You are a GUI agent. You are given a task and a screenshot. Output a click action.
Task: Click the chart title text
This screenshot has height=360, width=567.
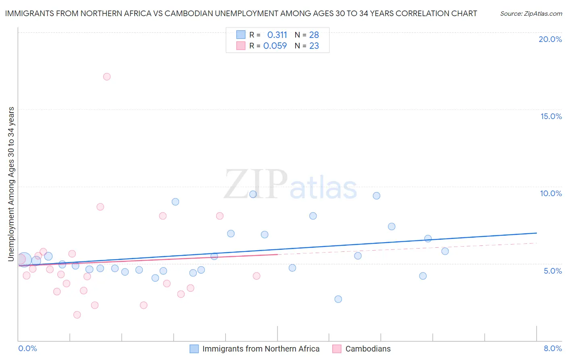[x=241, y=13]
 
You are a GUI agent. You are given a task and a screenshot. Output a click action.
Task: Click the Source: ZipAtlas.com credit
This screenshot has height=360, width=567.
[x=531, y=13]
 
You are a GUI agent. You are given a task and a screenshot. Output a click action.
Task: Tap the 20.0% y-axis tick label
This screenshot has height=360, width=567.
[x=550, y=39]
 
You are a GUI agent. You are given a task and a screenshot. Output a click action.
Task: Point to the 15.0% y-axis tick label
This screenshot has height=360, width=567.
[x=551, y=116]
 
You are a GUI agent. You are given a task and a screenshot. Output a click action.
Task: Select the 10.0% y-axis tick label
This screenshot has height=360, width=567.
[x=551, y=193]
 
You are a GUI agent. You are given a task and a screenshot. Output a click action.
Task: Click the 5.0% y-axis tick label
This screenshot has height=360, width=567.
[x=552, y=271]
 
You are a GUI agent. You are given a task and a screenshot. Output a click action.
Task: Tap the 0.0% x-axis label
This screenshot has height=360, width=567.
[x=27, y=348]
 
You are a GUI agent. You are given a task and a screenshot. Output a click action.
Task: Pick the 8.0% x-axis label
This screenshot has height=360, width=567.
[x=552, y=348]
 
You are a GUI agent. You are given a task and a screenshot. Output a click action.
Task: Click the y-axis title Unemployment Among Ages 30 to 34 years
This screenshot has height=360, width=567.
[x=11, y=184]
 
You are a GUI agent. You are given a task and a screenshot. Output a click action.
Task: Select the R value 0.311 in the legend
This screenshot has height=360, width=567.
[x=277, y=35]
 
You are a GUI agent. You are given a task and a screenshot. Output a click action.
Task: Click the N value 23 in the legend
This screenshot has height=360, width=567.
[x=314, y=46]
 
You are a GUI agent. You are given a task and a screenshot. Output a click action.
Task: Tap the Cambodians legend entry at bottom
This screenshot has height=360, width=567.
[x=368, y=349]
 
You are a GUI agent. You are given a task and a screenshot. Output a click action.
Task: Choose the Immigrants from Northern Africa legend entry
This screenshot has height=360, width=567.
[x=261, y=349]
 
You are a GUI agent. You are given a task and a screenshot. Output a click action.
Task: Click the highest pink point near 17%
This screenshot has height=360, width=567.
[x=107, y=77]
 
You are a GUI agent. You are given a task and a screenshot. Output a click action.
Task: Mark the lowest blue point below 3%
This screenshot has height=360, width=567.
[x=338, y=299]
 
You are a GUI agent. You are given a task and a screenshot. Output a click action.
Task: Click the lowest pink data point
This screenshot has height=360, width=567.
[x=77, y=315]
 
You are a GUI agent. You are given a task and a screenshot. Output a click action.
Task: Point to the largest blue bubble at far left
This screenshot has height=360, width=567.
[x=24, y=260]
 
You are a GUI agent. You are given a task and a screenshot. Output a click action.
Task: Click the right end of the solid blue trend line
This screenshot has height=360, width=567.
[x=536, y=233]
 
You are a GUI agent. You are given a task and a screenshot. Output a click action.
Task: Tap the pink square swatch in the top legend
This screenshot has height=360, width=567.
[x=241, y=46]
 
